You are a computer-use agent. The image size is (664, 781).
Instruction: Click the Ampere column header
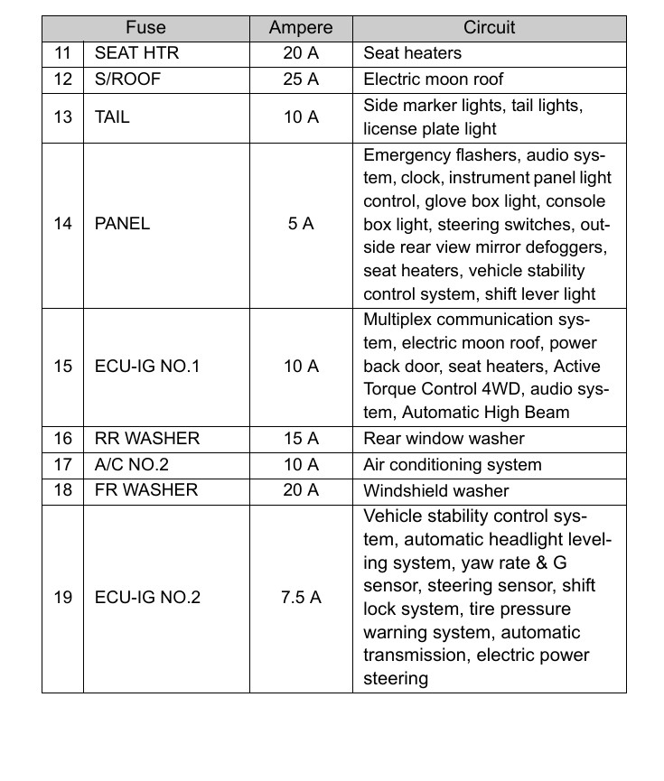301,28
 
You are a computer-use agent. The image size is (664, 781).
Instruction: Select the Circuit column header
489,28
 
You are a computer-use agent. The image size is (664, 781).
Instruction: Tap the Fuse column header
145,28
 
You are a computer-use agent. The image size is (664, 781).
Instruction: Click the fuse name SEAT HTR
136,53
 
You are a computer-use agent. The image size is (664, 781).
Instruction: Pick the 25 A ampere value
301,79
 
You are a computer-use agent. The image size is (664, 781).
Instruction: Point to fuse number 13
62,117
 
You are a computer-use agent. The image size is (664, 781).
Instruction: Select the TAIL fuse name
112,117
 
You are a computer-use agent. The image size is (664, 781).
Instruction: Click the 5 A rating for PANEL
301,224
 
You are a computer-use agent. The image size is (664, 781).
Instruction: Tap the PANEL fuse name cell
122,224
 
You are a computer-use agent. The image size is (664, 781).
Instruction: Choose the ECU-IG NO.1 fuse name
146,367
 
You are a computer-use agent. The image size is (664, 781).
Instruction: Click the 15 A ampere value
301,439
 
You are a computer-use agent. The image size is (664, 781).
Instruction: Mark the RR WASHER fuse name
147,439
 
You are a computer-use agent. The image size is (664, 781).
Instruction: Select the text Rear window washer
444,439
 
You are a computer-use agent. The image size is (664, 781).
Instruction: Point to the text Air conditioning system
452,465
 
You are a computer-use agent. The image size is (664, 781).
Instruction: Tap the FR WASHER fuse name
145,491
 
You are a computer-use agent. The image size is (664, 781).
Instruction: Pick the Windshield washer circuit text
435,491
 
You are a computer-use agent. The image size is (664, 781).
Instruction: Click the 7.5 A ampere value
301,598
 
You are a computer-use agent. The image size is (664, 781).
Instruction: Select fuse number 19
62,598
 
